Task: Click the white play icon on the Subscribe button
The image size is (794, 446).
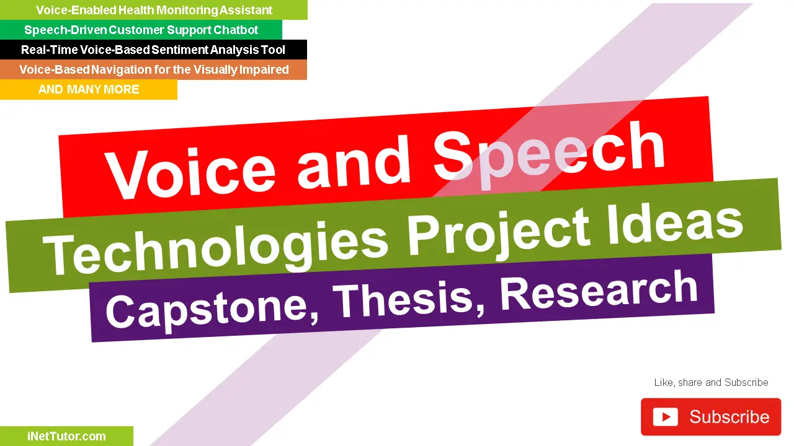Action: pyautogui.click(x=665, y=417)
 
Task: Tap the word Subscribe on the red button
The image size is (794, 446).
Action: pyautogui.click(x=729, y=417)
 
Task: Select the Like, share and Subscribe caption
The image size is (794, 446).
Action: pyautogui.click(x=711, y=383)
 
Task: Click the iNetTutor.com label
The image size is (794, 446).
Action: pyautogui.click(x=66, y=436)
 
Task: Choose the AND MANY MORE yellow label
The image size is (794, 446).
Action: pyautogui.click(x=89, y=90)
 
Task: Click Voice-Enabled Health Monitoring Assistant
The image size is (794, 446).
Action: pyautogui.click(x=154, y=10)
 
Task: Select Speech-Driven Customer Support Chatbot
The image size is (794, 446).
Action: pyautogui.click(x=141, y=30)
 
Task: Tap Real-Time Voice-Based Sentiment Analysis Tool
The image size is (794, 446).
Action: pyautogui.click(x=153, y=50)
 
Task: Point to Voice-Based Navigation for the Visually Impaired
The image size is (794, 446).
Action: pyautogui.click(x=154, y=69)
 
